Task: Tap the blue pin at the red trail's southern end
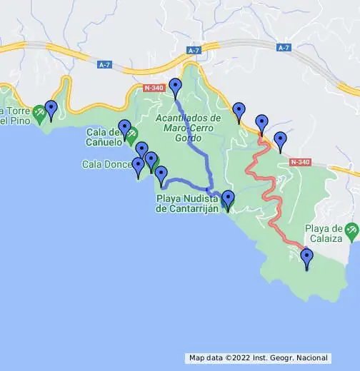pos(307,258)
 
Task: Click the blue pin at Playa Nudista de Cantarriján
pos(228,199)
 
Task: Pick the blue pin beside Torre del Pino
pos(51,109)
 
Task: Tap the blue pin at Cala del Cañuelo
pos(125,128)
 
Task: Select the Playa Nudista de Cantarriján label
pos(190,203)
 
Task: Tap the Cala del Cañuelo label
pos(104,136)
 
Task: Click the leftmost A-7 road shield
pos(105,64)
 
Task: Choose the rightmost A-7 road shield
pos(284,47)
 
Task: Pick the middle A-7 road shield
pos(194,51)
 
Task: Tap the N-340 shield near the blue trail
pos(152,88)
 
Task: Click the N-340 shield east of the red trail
pos(301,162)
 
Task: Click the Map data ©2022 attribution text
pos(258,357)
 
